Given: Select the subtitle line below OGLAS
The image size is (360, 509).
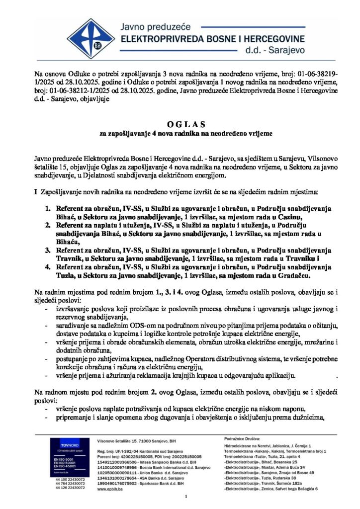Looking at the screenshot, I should pos(180,134).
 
